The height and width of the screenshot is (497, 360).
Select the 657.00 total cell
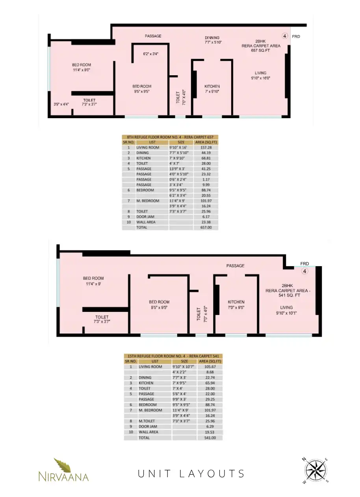206,227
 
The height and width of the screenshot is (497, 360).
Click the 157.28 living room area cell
206,148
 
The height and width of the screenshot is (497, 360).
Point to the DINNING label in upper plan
212,38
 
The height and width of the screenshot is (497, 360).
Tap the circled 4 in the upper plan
285,36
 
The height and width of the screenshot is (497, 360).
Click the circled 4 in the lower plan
305,271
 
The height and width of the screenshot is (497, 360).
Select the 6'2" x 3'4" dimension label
151,54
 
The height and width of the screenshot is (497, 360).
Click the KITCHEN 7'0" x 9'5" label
236,305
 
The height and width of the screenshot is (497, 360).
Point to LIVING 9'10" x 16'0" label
261,76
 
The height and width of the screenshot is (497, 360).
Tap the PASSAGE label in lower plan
235,265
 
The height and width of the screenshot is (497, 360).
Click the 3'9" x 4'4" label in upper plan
61,104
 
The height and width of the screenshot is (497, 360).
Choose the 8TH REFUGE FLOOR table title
170,137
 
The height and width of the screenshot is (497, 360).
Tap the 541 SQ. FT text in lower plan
289,295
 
